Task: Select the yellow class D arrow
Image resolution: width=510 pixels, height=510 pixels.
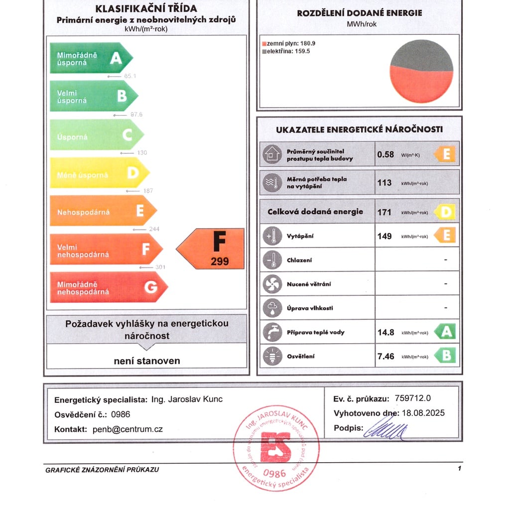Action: click(x=99, y=173)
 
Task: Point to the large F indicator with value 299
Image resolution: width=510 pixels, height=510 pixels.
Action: click(x=212, y=249)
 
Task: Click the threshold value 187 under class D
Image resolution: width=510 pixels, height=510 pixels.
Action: click(x=147, y=191)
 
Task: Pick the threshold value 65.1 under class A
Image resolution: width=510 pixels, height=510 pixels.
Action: click(x=130, y=76)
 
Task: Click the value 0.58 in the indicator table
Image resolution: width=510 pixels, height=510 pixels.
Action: click(x=385, y=154)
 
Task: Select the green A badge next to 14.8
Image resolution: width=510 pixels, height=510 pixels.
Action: click(x=445, y=332)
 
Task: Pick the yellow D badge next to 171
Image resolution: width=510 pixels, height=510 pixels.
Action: click(x=445, y=213)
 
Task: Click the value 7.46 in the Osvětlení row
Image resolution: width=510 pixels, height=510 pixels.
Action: click(x=386, y=356)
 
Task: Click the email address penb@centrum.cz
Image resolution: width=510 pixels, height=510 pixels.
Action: click(x=127, y=429)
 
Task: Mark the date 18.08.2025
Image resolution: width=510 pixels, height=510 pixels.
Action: click(x=423, y=413)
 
